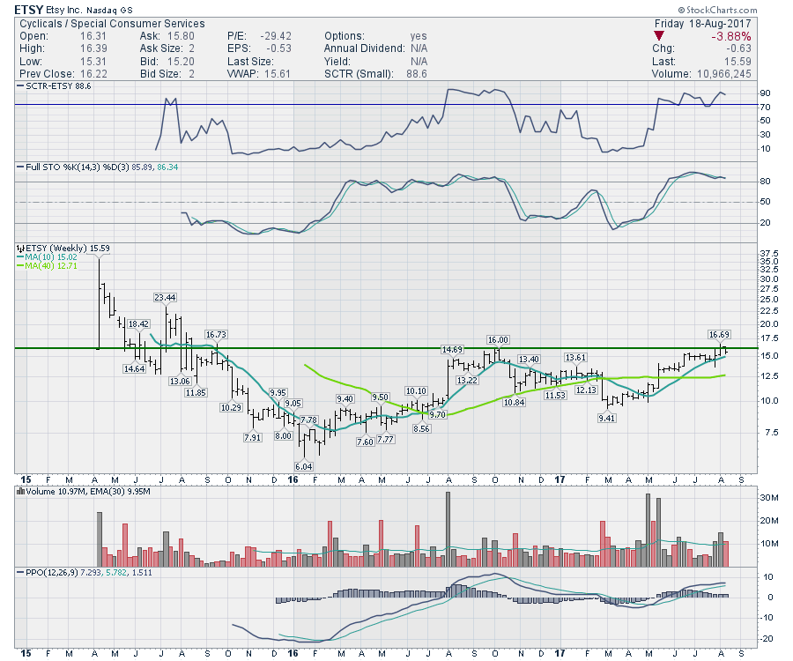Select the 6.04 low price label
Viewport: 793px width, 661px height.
click(305, 465)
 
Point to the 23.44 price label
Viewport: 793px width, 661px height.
click(165, 297)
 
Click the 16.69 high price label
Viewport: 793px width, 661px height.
click(720, 334)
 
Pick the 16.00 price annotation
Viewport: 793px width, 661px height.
click(499, 339)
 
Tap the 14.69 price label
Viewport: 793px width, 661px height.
click(453, 350)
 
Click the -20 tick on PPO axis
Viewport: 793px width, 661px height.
click(768, 638)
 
